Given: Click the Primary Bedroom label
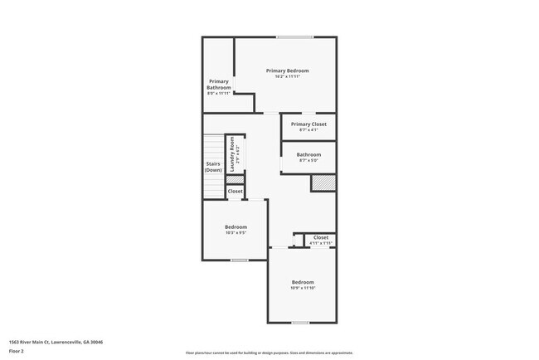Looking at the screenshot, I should coord(287,71).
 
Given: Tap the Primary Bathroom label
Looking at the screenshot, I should coord(218,84).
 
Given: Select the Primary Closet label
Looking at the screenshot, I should coord(308,124).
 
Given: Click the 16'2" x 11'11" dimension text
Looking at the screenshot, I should coord(287,76).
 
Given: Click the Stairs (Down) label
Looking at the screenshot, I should coord(213,167).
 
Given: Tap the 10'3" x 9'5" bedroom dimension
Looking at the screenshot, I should coord(236,233).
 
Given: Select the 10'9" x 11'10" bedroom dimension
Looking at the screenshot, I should coord(302,288).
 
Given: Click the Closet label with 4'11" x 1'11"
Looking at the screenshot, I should coord(321,237).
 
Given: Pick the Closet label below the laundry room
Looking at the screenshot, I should coord(236,191).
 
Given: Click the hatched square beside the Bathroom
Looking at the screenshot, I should coord(323,182).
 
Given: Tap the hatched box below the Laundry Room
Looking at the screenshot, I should coord(236,178).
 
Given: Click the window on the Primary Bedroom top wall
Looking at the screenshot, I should coord(294,36).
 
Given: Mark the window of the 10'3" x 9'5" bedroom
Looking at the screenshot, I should coord(240,260).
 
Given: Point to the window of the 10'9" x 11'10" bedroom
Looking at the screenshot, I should coord(300,322).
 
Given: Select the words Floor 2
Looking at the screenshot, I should coord(17,351).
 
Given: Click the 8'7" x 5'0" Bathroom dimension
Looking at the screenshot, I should coord(308,160).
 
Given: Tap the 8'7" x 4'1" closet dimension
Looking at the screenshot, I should coord(308,129).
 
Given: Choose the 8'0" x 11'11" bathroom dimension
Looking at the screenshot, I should coord(218,93).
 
